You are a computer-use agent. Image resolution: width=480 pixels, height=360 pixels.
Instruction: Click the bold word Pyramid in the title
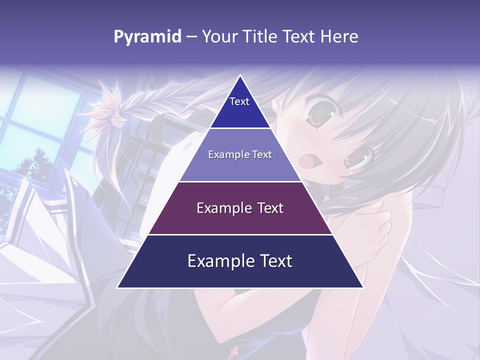click(x=147, y=37)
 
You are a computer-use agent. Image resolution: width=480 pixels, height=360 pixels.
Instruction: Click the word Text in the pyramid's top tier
click(x=239, y=101)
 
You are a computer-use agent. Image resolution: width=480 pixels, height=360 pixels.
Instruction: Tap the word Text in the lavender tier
click(x=262, y=154)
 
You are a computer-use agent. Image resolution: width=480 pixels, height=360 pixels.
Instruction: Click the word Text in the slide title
click(x=298, y=37)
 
